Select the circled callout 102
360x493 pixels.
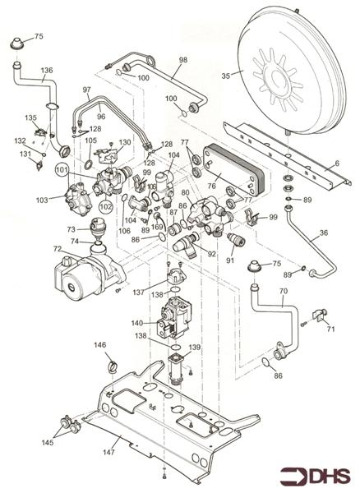tap(107, 208)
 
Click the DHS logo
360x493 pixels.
tap(316, 476)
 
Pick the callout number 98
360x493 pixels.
tap(182, 60)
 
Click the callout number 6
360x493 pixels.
tap(336, 164)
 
